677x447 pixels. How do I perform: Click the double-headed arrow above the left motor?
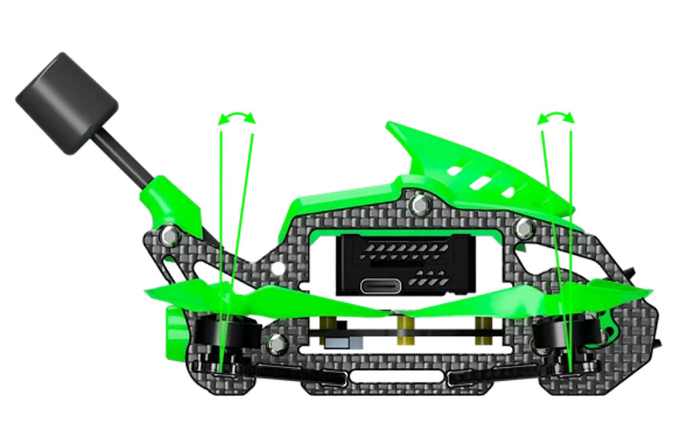pyautogui.click(x=236, y=118)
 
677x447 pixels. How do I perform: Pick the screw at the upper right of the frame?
pyautogui.click(x=523, y=228)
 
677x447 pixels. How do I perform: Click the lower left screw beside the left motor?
pyautogui.click(x=276, y=343)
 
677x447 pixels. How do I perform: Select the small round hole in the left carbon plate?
pyautogui.click(x=276, y=268)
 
